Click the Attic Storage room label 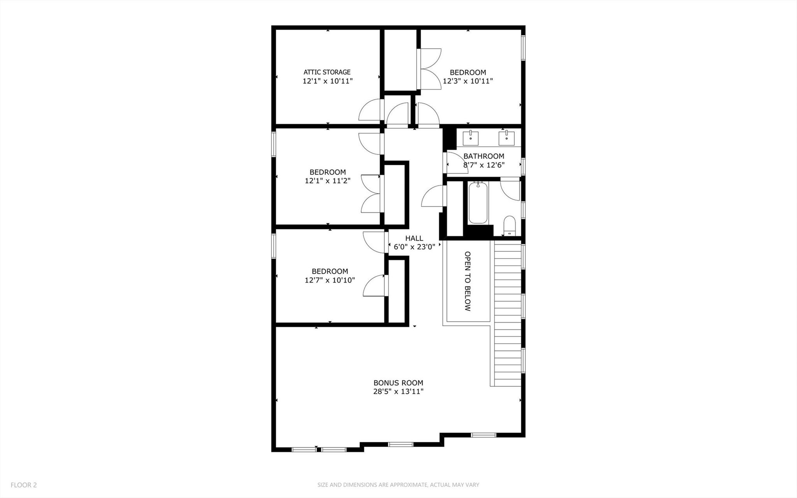tap(327, 72)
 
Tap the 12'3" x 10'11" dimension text tap(468, 81)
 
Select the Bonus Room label tap(398, 383)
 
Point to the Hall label tap(414, 238)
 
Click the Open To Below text tap(468, 281)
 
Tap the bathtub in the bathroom tap(478, 203)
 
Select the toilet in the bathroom tap(509, 226)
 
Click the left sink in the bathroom tap(471, 138)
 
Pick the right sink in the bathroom tap(506, 138)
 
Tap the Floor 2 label tap(24, 485)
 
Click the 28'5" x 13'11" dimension tap(398, 392)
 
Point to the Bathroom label tap(484, 156)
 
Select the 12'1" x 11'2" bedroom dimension tap(327, 181)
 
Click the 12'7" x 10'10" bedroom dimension tap(329, 280)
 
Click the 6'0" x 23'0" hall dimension tap(414, 247)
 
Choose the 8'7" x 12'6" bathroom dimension tap(484, 165)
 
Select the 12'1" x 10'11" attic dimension tap(327, 81)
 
